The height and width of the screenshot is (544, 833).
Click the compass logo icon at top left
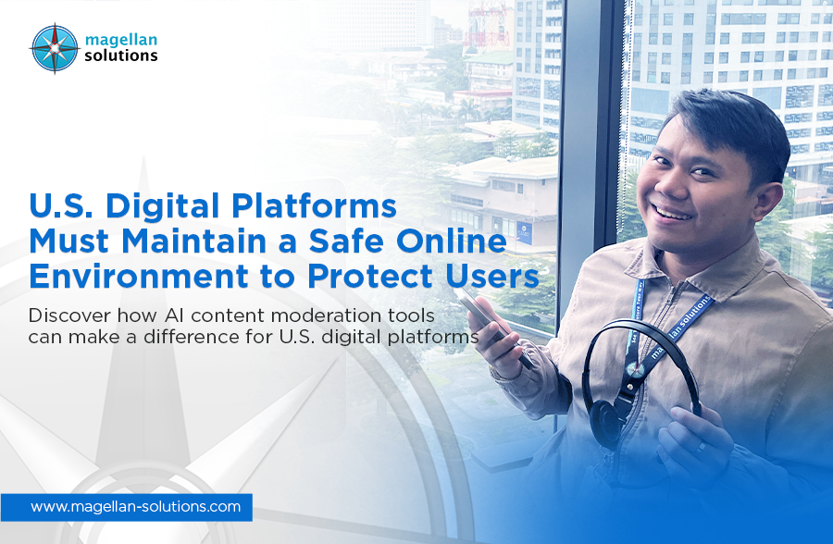coord(55,48)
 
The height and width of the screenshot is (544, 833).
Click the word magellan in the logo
coord(121,40)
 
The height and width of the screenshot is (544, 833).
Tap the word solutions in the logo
coord(121,56)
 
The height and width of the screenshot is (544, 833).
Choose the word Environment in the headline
coord(139,276)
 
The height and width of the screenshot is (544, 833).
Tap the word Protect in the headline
coord(370,276)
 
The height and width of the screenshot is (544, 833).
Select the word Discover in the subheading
coord(69,315)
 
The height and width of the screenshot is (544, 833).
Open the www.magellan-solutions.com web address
coord(135,506)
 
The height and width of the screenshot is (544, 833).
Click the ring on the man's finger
coord(702,447)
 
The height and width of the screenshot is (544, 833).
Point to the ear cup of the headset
coord(604,421)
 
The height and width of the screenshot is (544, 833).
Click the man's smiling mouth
coord(672,214)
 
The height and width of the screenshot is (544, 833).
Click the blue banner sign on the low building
coord(525,233)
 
